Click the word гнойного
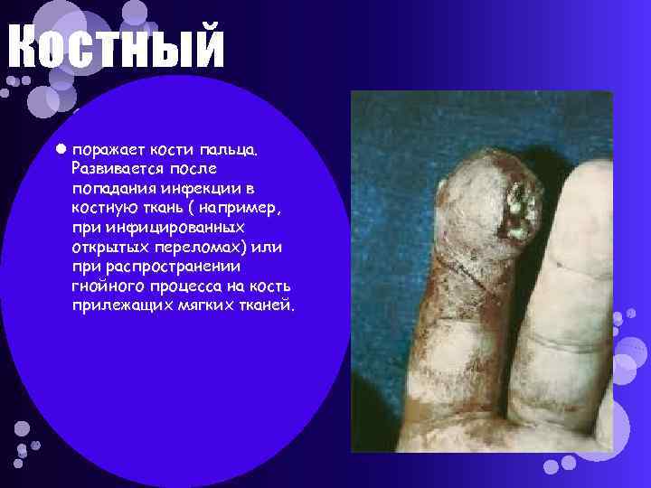coord(107,287)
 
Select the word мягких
coord(200,306)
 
